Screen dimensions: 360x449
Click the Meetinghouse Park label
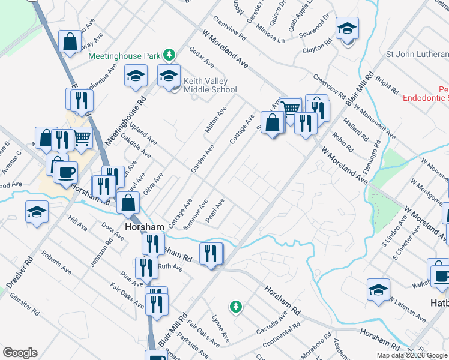[124, 56]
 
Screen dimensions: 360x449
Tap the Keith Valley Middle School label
[210, 85]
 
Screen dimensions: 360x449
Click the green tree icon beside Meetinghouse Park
[170, 56]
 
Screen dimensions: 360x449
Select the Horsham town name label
[144, 227]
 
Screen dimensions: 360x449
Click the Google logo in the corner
[20, 353]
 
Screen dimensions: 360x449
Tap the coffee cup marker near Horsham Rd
[66, 172]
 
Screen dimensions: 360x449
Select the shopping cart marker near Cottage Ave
[291, 108]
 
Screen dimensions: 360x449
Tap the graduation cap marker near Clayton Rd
[346, 29]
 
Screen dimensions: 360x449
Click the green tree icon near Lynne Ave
[236, 307]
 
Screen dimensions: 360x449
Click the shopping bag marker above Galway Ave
[70, 41]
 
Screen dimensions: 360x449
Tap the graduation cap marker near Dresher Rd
[37, 212]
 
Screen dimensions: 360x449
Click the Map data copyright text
[412, 355]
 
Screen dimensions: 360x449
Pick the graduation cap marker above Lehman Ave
[379, 290]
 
